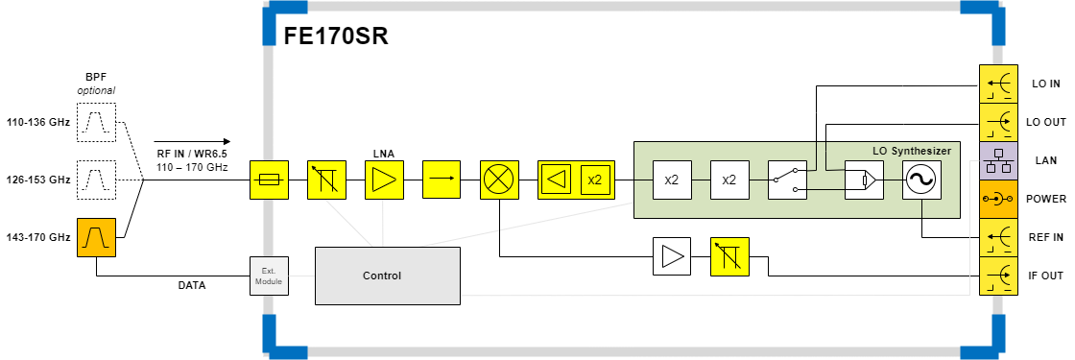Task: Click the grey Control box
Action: click(x=387, y=276)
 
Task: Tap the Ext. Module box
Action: click(x=269, y=276)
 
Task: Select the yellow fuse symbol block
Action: click(x=269, y=180)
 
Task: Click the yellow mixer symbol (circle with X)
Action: click(x=499, y=180)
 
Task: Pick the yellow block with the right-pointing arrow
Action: click(x=442, y=180)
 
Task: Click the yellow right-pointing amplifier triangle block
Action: click(x=384, y=180)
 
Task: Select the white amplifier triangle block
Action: click(x=672, y=256)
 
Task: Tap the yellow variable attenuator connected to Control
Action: click(x=326, y=180)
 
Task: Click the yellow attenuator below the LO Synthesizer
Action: click(x=729, y=256)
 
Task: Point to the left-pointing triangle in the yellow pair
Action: click(x=557, y=180)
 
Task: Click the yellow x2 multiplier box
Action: click(x=595, y=180)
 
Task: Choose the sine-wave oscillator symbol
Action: click(x=921, y=180)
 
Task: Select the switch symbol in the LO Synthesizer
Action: click(x=787, y=180)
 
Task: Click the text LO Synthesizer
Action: click(x=911, y=151)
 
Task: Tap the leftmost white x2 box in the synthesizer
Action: click(x=672, y=180)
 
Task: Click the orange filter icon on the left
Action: click(x=96, y=237)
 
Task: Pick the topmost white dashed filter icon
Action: click(x=96, y=122)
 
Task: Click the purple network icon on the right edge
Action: click(x=998, y=160)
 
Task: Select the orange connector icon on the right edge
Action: click(x=998, y=199)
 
